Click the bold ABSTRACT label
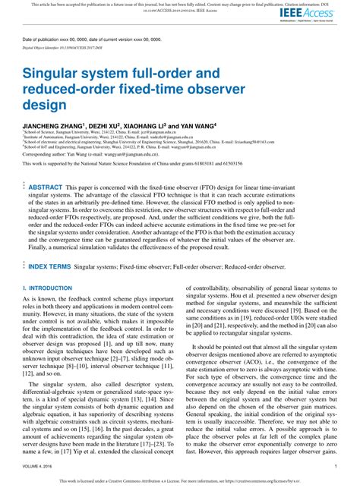(x=46, y=186)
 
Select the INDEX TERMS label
(x=49, y=267)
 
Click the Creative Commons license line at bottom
(x=179, y=480)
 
